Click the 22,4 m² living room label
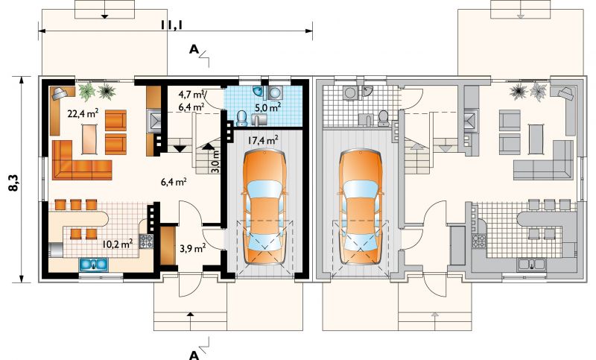[x=83, y=113]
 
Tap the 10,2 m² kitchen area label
[x=118, y=243]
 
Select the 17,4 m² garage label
[x=263, y=140]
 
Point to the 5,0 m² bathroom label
[x=268, y=107]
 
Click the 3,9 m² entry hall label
[x=192, y=249]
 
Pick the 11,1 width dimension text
[x=171, y=25]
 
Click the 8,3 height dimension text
[x=15, y=183]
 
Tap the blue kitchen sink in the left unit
[x=94, y=264]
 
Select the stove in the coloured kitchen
[x=145, y=241]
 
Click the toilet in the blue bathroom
[x=241, y=119]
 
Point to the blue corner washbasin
[x=257, y=91]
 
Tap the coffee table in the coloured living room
[x=89, y=139]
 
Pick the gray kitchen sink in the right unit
[x=531, y=265]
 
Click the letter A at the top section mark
[x=194, y=49]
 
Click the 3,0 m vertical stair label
[x=215, y=162]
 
